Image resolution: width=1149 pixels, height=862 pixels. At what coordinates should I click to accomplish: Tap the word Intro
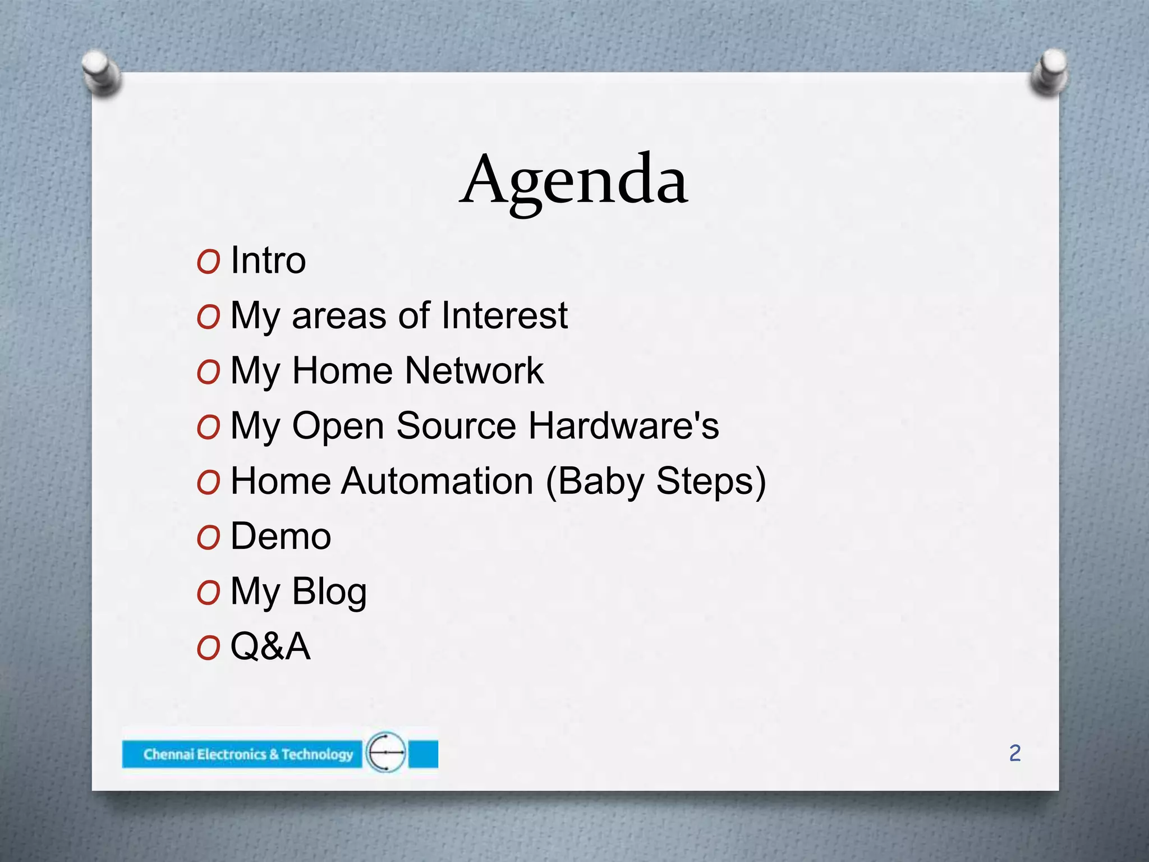268,260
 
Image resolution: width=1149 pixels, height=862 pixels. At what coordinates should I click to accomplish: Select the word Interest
504,315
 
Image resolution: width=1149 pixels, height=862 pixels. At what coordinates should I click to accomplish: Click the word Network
474,371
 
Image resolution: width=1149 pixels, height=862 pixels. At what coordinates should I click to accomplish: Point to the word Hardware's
623,426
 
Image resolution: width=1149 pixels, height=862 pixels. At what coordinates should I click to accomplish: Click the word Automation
438,482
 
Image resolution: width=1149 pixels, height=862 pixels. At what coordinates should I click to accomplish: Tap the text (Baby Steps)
655,482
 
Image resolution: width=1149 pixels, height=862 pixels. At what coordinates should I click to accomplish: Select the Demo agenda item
281,537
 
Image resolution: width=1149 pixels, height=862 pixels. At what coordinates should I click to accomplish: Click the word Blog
329,592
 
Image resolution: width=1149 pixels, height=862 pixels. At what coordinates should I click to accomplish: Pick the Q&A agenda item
270,646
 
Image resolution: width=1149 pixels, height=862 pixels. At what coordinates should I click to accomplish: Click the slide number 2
1014,753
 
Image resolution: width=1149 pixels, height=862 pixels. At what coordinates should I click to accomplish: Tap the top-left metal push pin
101,73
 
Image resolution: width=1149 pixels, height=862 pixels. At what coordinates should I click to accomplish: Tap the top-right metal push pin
1049,72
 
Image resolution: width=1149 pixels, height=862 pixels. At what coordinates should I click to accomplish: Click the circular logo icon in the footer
386,752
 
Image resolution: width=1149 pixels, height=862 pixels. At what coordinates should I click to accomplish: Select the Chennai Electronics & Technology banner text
248,754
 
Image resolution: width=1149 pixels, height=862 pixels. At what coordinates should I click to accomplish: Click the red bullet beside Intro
208,262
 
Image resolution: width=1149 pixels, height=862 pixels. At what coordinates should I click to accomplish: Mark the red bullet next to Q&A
208,648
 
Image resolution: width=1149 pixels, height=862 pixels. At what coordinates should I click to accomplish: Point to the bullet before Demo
208,538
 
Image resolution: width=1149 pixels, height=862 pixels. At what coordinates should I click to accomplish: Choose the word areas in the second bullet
339,317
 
